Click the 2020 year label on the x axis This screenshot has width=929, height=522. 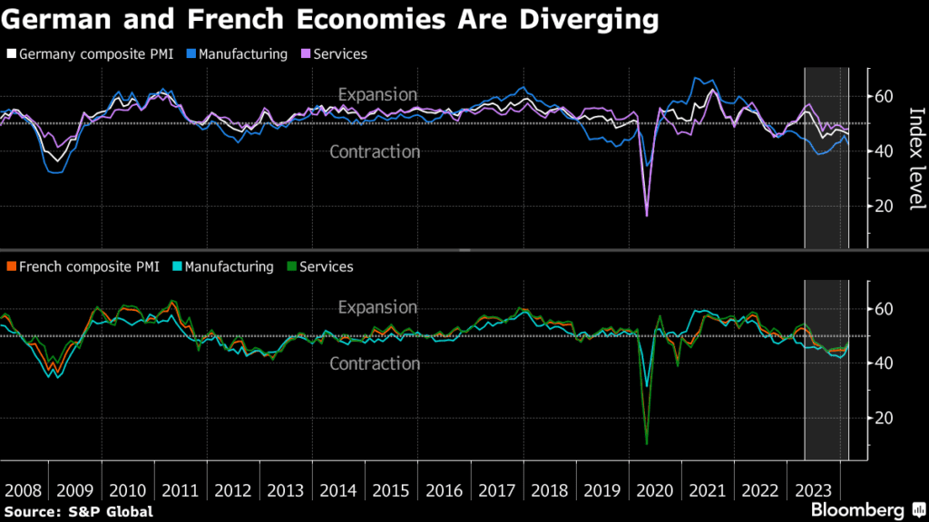656,490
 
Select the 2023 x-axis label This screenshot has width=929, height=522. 814,490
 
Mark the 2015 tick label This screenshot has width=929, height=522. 392,490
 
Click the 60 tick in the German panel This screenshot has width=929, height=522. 884,96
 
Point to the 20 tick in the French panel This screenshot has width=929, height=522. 884,418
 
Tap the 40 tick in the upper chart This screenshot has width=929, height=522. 884,151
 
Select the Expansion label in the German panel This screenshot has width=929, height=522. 377,94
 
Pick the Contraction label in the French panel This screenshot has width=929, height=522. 375,363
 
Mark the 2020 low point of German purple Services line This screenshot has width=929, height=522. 647,215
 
